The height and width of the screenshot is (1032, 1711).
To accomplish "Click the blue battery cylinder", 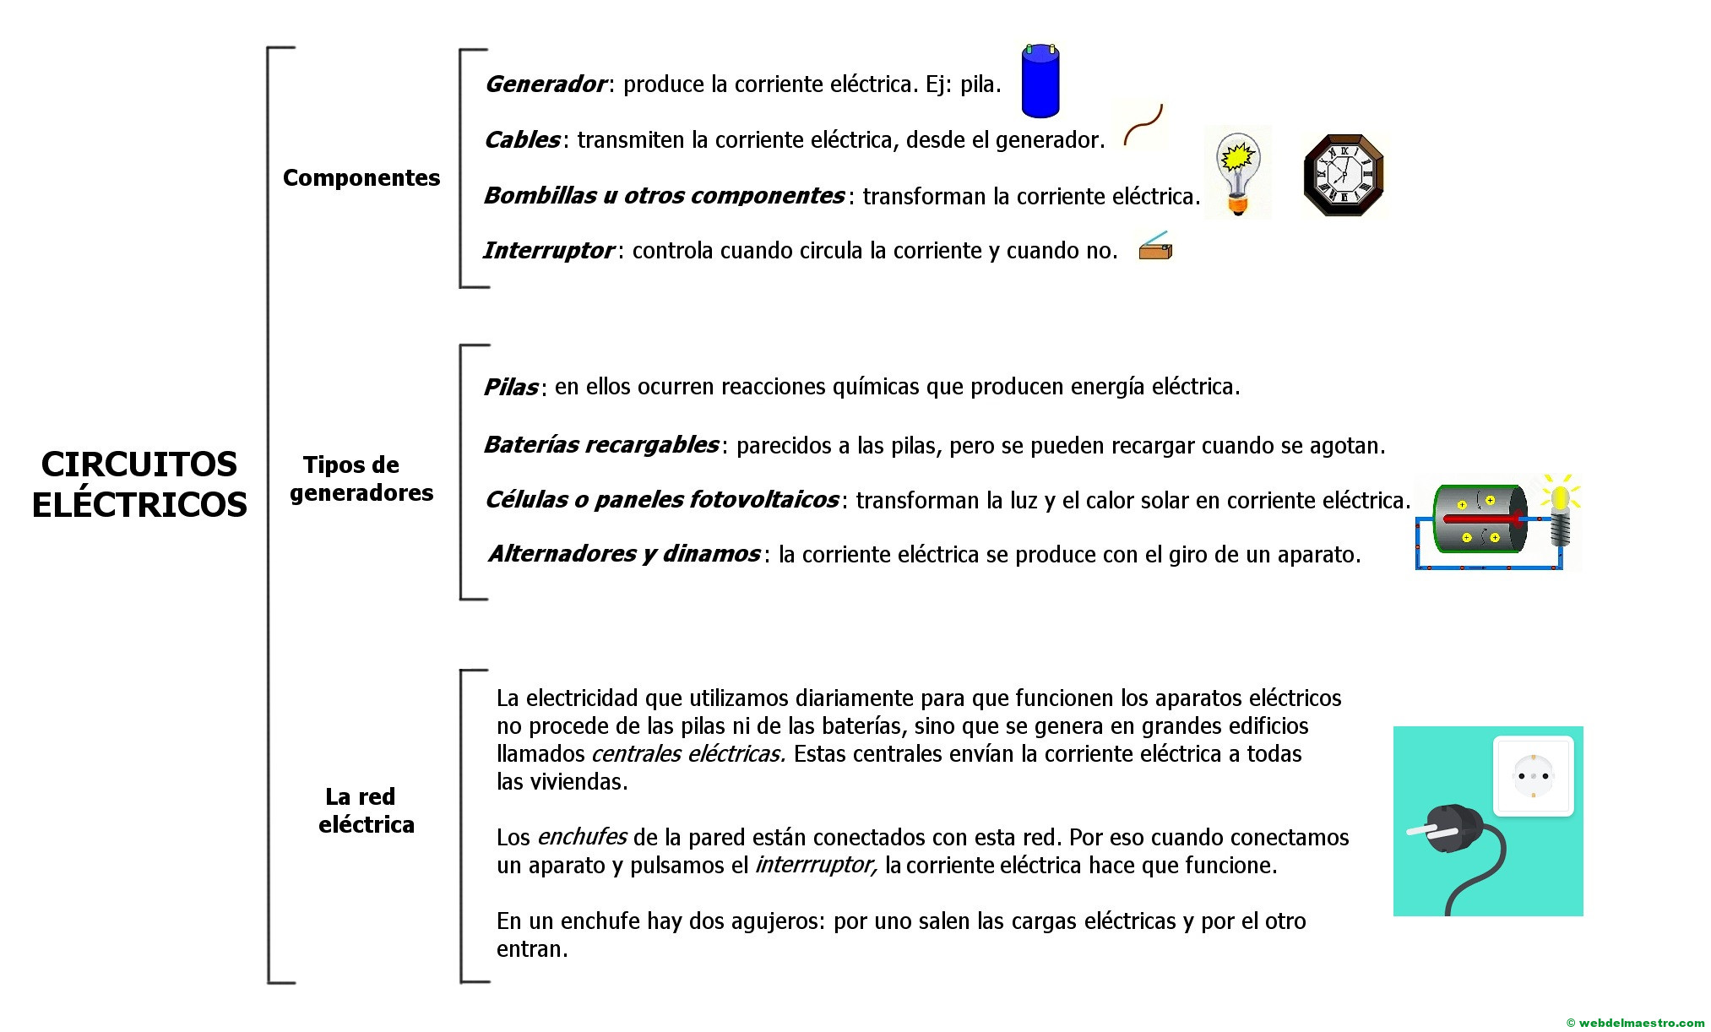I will coord(1040,81).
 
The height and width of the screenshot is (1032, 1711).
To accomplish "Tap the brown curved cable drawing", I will coord(1144,125).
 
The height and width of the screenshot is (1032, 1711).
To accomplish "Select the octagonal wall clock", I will coord(1343,176).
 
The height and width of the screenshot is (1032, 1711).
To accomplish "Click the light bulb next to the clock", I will coord(1237,173).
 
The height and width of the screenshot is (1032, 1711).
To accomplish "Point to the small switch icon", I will coord(1155,247).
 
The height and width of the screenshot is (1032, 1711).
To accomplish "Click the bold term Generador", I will coord(546,84).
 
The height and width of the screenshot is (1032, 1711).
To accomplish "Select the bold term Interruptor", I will coord(548,251).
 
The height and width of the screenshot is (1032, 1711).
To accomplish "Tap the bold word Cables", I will coord(522,140).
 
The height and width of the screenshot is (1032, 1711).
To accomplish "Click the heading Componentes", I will coord(361,178).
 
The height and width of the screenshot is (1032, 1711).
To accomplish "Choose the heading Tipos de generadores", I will coord(361,479).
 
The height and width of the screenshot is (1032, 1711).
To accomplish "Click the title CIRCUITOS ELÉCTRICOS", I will coord(139,484).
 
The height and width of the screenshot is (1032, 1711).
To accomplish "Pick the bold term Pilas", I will coord(511,388).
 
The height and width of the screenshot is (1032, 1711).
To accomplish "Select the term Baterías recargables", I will coord(600,445).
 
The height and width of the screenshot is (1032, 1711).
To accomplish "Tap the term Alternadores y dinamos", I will coord(624,554).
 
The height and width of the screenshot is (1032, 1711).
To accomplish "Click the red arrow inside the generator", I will coord(1486,519).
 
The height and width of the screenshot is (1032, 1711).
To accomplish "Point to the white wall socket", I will coord(1533,776).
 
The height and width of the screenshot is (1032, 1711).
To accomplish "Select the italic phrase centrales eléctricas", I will coord(687,754).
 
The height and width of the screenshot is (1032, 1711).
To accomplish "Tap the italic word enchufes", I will coord(582,837).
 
